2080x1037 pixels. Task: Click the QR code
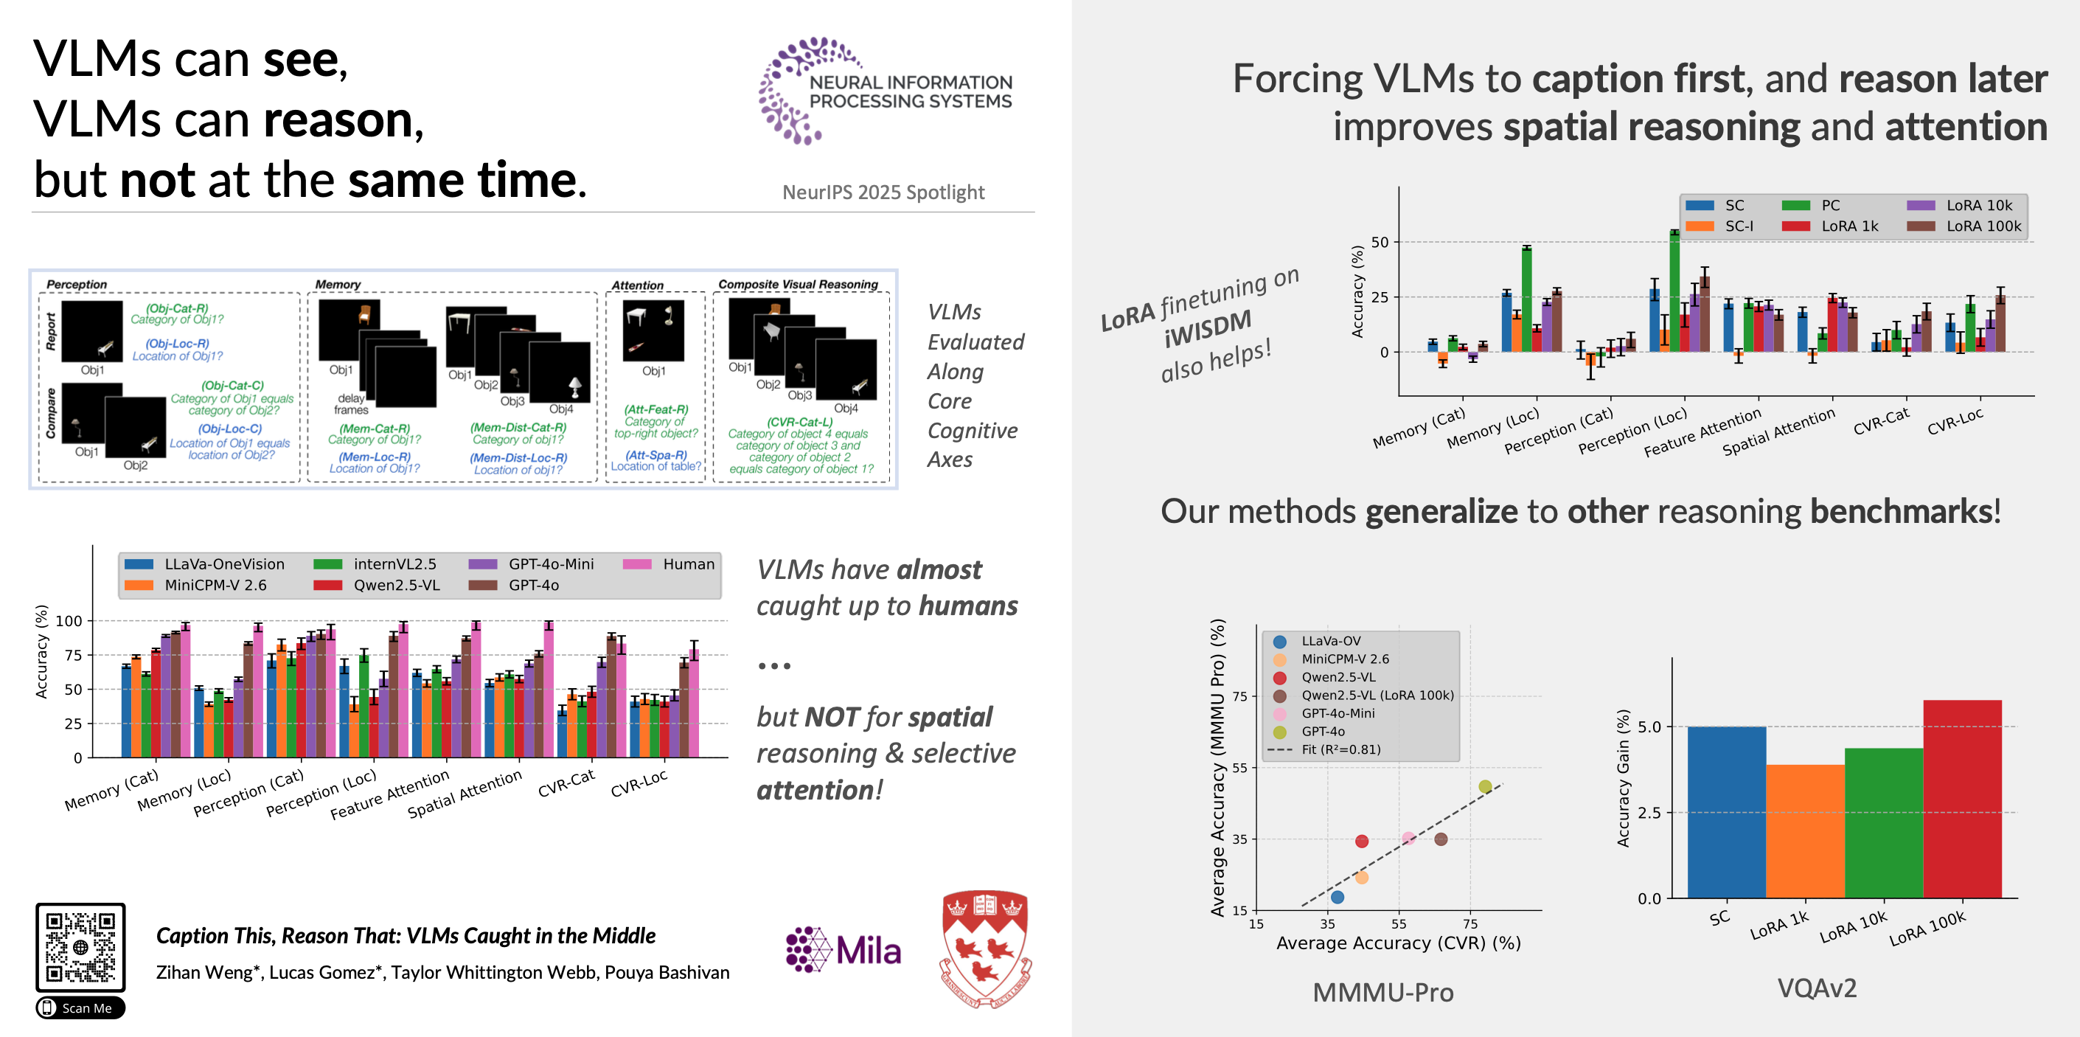coord(80,946)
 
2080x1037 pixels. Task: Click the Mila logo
coord(843,950)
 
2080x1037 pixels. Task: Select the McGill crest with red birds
coord(985,948)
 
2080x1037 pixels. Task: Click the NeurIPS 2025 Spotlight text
coord(883,193)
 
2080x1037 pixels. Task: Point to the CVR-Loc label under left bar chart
coord(639,783)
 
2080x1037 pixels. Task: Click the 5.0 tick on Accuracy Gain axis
coord(1649,727)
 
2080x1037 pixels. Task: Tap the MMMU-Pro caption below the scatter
coord(1382,992)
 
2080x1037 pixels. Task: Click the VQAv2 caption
coord(1817,988)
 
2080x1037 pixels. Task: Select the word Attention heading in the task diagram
coord(637,285)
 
